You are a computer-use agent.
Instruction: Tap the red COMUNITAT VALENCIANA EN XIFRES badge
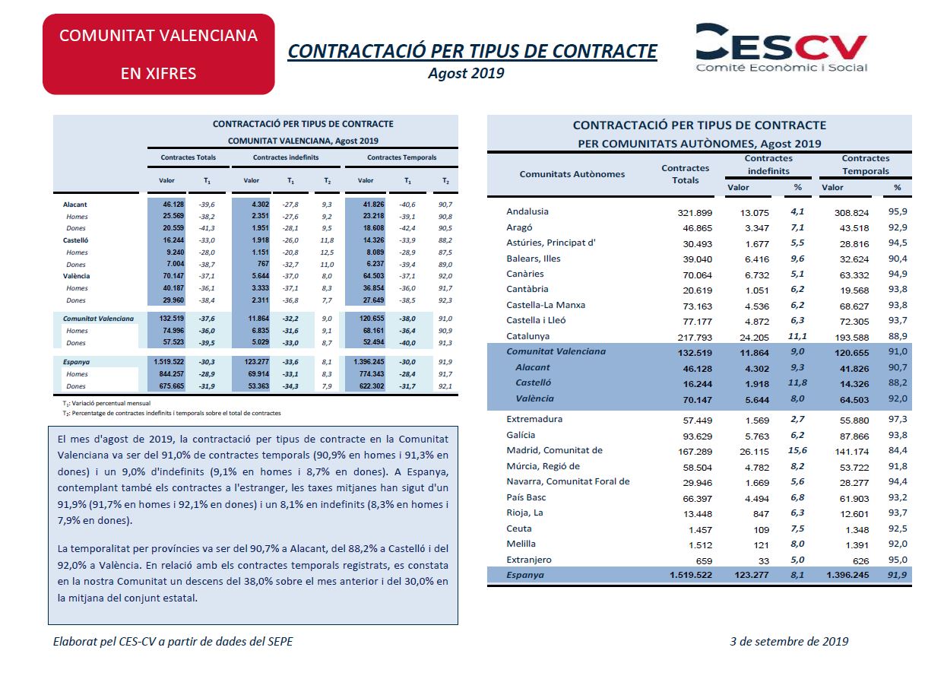click(x=158, y=54)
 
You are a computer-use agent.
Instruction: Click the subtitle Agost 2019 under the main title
click(x=466, y=73)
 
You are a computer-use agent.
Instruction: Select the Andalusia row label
click(x=527, y=211)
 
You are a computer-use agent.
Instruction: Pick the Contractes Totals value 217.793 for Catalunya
click(x=695, y=338)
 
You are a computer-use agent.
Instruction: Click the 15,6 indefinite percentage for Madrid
click(x=797, y=450)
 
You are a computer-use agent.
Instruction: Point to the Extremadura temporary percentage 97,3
click(x=898, y=419)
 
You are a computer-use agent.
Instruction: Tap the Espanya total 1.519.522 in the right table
click(x=691, y=575)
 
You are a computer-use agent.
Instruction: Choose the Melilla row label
click(x=521, y=544)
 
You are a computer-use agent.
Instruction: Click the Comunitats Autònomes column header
click(x=572, y=174)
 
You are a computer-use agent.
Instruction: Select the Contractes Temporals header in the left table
click(x=401, y=157)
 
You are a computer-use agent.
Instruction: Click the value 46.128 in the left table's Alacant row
click(x=173, y=205)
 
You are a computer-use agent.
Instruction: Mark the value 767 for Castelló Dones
click(x=263, y=264)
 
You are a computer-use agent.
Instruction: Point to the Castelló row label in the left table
click(x=76, y=240)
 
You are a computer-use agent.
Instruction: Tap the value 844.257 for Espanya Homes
click(x=171, y=374)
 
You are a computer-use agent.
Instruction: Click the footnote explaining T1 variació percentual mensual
click(x=106, y=404)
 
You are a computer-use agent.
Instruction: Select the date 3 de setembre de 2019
click(x=789, y=642)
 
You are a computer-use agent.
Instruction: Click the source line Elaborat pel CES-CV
click(x=173, y=642)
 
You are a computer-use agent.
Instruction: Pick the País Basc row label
click(x=526, y=497)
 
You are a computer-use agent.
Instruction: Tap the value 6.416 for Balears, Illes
click(x=757, y=259)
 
